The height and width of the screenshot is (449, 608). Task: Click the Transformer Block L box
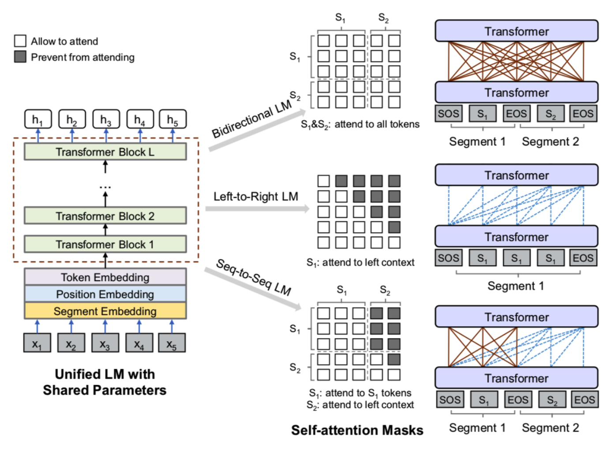pyautogui.click(x=105, y=152)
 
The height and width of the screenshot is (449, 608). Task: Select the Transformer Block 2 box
pyautogui.click(x=105, y=216)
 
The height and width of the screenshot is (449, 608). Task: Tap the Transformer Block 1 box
pyautogui.click(x=105, y=244)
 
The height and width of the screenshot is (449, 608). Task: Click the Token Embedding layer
pyautogui.click(x=105, y=277)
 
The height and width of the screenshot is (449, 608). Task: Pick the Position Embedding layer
pyautogui.click(x=105, y=294)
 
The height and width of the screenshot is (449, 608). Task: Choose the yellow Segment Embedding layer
pyautogui.click(x=105, y=311)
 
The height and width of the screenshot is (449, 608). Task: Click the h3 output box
pyautogui.click(x=106, y=119)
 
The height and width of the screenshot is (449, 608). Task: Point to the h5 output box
pyautogui.click(x=173, y=119)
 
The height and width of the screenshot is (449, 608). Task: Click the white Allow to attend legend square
pyautogui.click(x=20, y=41)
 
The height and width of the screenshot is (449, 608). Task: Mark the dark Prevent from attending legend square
pyautogui.click(x=20, y=57)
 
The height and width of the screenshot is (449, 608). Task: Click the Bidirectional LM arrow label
pyautogui.click(x=251, y=118)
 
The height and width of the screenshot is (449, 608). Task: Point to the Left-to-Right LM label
pyautogui.click(x=256, y=196)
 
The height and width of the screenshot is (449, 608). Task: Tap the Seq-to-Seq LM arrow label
pyautogui.click(x=254, y=277)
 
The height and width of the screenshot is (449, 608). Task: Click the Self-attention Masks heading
pyautogui.click(x=357, y=430)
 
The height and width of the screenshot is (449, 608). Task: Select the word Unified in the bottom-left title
pyautogui.click(x=77, y=374)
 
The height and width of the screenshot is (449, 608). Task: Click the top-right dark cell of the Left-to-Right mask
pyautogui.click(x=394, y=181)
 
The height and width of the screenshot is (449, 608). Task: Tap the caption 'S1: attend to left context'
pyautogui.click(x=360, y=263)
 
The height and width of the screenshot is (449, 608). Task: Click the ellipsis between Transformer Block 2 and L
pyautogui.click(x=105, y=187)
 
